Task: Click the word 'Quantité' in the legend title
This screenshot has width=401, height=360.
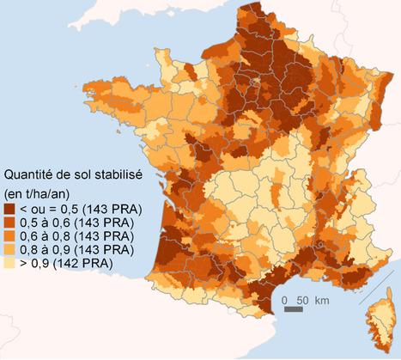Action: (32, 172)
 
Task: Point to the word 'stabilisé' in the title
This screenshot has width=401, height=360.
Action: (118, 172)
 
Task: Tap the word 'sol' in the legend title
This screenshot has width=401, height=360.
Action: (82, 172)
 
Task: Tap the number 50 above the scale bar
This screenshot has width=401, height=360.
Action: (302, 300)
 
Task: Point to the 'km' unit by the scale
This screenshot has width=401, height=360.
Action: (322, 300)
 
